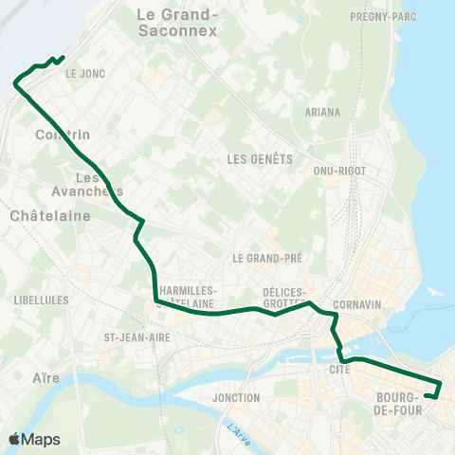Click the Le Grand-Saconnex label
177,22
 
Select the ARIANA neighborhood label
322,112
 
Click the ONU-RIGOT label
338,171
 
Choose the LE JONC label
84,72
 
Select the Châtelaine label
49,215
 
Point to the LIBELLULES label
41,300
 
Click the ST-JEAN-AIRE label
136,337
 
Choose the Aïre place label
45,377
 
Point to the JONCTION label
237,397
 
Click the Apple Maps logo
33,439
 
